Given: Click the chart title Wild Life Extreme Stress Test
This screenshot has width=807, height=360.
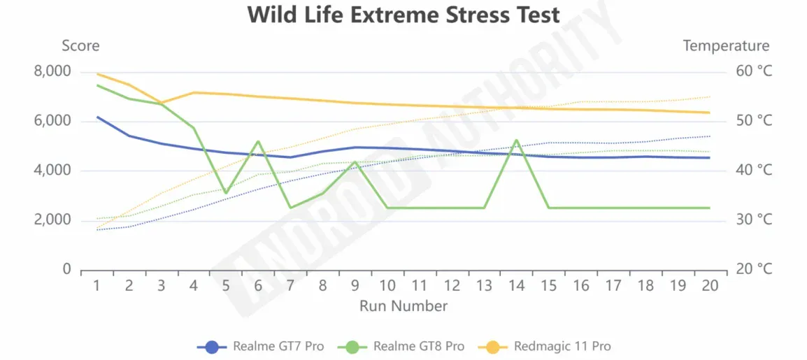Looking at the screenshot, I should point(403,15).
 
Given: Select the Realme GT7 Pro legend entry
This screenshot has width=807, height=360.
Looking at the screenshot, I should point(263,346).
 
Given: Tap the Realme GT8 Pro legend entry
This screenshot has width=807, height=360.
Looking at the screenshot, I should point(403,346).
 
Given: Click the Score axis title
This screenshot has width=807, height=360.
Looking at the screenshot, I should point(80,46).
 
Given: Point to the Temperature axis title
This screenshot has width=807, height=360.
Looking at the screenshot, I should point(726,46).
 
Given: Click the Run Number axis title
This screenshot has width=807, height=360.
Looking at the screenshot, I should point(403,305).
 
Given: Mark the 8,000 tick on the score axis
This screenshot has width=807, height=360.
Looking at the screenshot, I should point(52,71).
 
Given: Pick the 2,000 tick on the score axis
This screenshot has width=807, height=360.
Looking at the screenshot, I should point(52,220).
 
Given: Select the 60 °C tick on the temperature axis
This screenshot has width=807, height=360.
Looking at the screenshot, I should point(754,71).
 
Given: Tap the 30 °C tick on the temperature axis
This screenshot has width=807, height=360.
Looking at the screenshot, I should point(754,220).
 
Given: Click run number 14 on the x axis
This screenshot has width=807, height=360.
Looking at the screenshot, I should point(516,286).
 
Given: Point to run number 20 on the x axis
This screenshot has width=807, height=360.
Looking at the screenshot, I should point(709,286).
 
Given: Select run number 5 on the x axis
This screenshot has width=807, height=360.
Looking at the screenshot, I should point(226,286).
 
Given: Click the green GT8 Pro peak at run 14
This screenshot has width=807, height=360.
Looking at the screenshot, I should point(516,140).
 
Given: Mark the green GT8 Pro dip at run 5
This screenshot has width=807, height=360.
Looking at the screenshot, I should point(226,192).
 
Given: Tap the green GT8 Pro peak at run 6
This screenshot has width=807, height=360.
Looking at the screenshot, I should point(258,141).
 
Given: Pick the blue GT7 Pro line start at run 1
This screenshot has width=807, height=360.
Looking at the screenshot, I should point(97,117).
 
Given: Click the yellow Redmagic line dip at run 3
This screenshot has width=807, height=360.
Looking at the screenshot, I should point(162,103).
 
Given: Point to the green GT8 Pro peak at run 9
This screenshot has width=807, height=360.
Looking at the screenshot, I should point(355,161).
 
